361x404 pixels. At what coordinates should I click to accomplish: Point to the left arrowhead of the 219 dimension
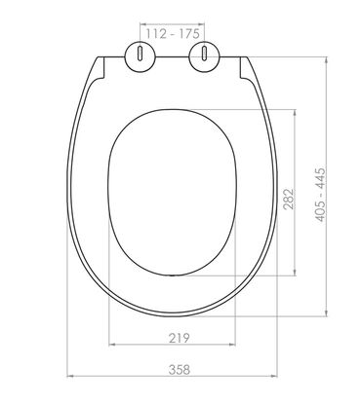(x=109, y=346)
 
